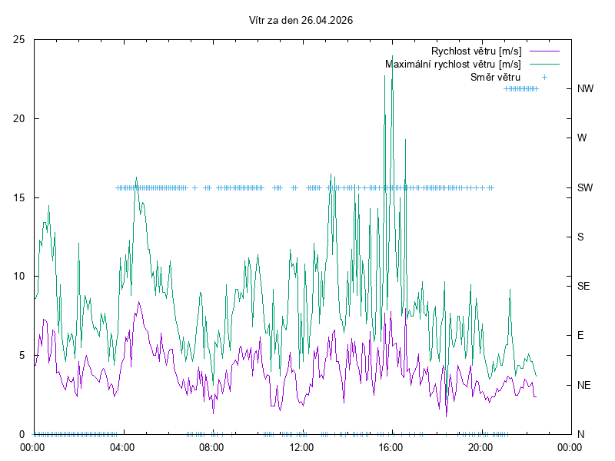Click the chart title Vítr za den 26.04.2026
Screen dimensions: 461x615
[x=301, y=21]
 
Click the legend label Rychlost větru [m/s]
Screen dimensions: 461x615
[x=476, y=51]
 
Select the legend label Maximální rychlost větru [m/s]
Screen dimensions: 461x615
[x=453, y=65]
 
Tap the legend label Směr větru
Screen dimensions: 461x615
[x=495, y=77]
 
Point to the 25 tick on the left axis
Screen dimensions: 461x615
[x=20, y=39]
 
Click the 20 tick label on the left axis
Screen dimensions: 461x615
[x=20, y=118]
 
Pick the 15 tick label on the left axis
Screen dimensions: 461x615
[x=20, y=197]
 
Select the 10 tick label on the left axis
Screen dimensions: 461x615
[x=20, y=277]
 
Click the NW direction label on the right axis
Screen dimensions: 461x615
[x=585, y=88]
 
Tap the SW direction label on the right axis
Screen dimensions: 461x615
[x=585, y=187]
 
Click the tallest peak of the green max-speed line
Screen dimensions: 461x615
[x=392, y=56]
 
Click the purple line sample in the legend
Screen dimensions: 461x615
[x=543, y=51]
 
